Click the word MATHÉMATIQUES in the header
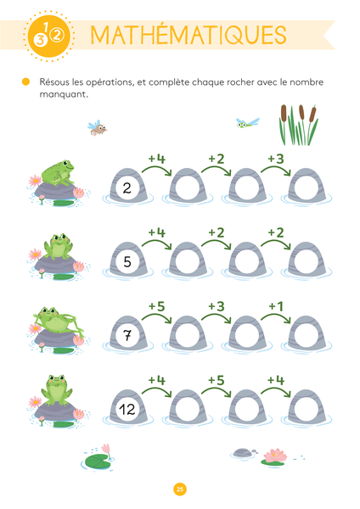click(x=188, y=35)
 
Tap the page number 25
click(x=180, y=489)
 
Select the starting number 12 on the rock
click(x=127, y=410)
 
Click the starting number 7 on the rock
click(x=127, y=335)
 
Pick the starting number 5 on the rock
click(x=127, y=261)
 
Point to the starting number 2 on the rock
click(x=127, y=188)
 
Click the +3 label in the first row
click(x=276, y=159)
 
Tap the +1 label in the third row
click(x=276, y=306)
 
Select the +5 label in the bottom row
click(x=217, y=380)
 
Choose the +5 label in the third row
click(x=156, y=306)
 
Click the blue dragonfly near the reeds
click(x=248, y=122)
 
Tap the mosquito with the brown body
click(x=97, y=128)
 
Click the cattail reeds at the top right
click(x=298, y=125)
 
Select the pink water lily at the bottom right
click(x=275, y=455)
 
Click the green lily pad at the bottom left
click(x=97, y=461)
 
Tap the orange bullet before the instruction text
click(x=25, y=81)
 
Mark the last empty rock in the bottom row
click(x=306, y=407)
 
